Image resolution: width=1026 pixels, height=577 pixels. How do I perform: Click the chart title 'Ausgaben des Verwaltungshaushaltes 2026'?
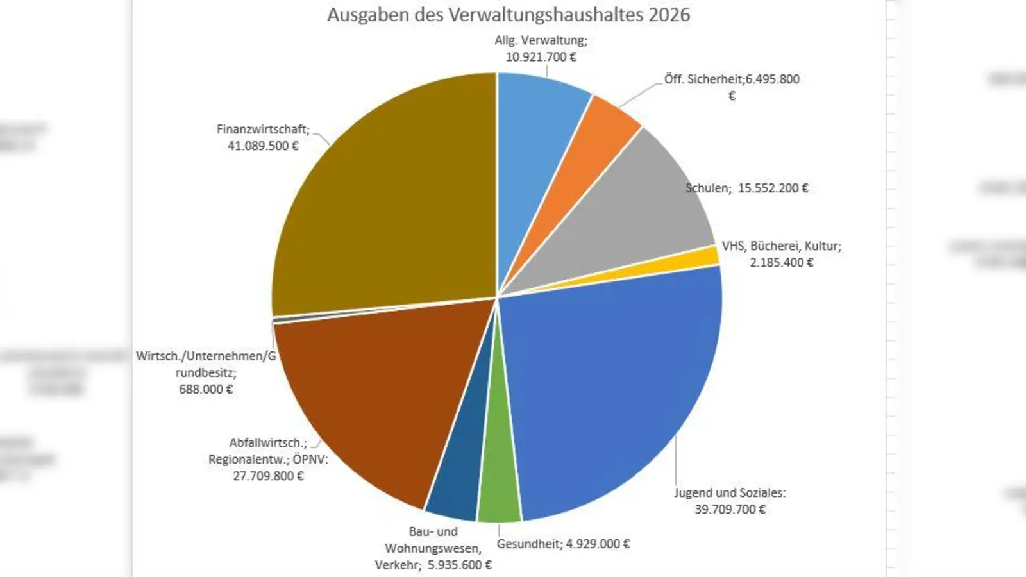tap(509, 15)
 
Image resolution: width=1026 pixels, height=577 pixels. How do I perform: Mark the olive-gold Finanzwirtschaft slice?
tap(385, 205)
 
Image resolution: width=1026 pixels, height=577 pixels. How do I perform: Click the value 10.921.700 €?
tap(541, 57)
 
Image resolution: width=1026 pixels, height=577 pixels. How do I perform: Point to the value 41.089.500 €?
tap(263, 146)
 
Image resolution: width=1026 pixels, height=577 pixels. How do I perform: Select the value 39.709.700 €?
tap(730, 510)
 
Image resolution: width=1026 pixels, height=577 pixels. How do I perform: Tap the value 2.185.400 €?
tap(782, 263)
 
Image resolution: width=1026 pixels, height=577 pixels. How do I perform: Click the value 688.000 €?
tap(206, 389)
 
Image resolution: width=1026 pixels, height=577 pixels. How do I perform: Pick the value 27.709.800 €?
tap(268, 476)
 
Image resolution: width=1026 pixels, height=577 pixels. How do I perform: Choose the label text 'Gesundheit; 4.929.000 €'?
tap(563, 544)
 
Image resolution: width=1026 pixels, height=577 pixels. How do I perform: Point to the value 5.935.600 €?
tap(460, 565)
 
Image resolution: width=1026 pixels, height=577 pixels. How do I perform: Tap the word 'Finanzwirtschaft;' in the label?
tap(263, 130)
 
